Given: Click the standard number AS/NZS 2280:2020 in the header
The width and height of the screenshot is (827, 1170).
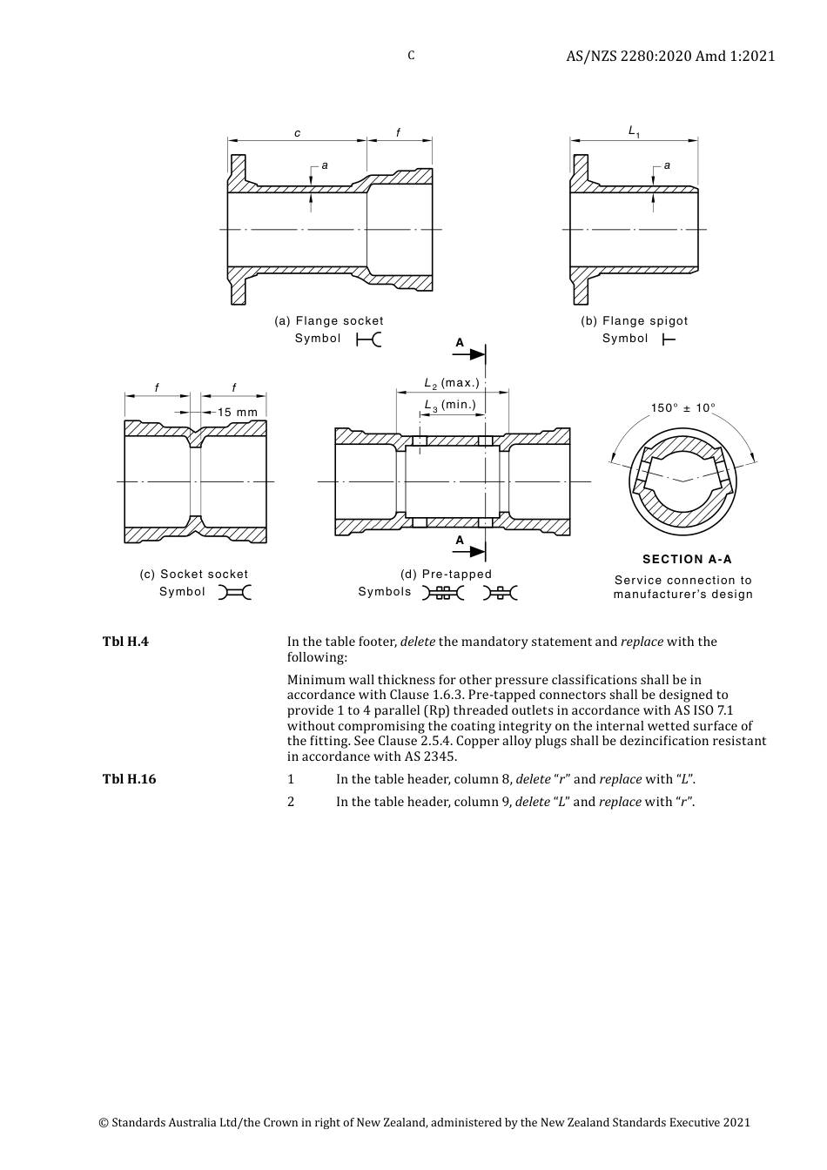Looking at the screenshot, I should coord(629,56).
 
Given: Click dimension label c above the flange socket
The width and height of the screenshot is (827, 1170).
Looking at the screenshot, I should coord(297,133).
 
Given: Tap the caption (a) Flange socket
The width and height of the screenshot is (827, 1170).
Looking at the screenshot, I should coord(329,321).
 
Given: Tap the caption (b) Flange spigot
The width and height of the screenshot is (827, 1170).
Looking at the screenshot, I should coord(635,321).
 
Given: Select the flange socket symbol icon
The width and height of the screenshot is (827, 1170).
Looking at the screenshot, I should coord(369,340).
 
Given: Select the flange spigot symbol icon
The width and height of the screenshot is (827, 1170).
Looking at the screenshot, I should coord(669,340).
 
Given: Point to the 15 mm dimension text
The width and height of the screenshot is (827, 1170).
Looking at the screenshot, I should coord(237,412).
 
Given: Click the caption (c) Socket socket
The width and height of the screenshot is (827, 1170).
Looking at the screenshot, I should coord(194,575).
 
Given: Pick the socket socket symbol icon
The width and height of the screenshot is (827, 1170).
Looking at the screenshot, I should coord(234,593).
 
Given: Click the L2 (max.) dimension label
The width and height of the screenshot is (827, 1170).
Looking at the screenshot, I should coord(451,383).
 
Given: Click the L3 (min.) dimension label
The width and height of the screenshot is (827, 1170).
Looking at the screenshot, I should coord(450,405).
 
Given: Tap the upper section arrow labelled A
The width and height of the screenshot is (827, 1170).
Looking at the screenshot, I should coord(471,353).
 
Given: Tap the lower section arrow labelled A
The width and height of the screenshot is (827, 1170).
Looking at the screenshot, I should coord(471,552).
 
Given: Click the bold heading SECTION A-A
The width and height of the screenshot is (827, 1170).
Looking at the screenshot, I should coord(687,560).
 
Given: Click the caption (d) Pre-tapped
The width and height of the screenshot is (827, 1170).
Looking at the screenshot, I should coord(446,575).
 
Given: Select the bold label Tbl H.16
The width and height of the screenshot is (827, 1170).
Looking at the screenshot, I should coord(129,779).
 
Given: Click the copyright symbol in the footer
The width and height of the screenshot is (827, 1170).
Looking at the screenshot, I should coord(104,1123).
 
